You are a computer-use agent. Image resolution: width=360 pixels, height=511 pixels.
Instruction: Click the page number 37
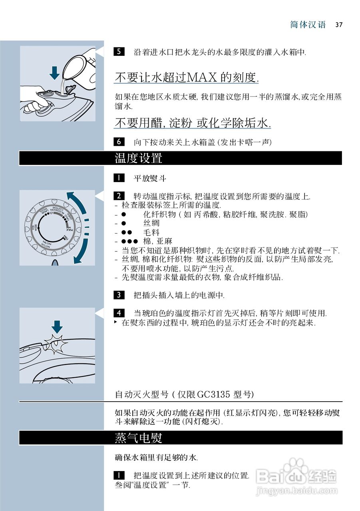[339, 25]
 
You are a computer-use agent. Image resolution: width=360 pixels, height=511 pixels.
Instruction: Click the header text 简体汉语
[308, 25]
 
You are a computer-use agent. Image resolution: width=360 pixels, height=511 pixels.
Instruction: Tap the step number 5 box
[119, 51]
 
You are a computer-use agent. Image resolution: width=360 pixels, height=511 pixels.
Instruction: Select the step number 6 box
[119, 142]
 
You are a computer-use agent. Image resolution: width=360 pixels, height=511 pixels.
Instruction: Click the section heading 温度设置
[138, 158]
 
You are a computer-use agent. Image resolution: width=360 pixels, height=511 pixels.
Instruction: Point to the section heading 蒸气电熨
[138, 438]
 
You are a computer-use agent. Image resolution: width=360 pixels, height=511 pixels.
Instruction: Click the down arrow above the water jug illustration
[54, 73]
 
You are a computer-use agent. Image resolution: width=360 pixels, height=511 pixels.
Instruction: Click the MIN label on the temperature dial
[65, 238]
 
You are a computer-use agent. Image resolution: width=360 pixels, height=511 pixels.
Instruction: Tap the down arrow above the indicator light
[57, 326]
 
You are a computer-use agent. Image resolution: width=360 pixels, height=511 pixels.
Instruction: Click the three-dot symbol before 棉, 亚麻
[129, 242]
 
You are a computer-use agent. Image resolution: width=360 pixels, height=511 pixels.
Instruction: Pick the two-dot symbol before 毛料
[127, 232]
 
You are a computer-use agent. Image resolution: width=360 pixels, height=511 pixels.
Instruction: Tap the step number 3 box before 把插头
[119, 295]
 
